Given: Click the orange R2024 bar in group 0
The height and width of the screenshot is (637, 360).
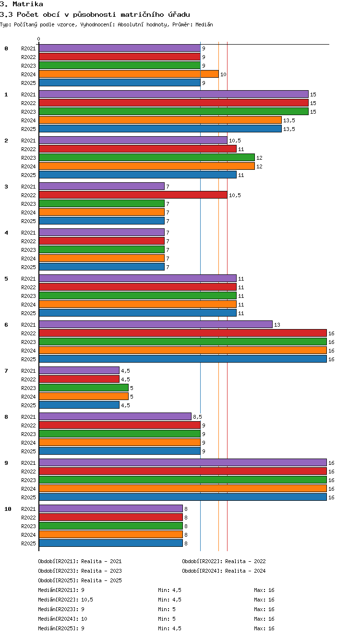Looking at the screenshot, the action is point(129,74).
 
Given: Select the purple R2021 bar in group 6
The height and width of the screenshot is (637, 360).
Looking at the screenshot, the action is point(156,324).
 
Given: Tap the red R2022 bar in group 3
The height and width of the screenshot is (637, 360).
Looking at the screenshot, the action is point(133,195).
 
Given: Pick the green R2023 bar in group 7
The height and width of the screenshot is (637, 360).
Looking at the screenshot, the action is point(84,388).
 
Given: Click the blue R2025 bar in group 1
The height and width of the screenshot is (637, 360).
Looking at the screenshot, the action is point(160,129).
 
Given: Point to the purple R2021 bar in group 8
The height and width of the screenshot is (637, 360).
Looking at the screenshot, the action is point(115,417).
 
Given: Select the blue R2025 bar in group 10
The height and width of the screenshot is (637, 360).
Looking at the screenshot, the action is point(111,543).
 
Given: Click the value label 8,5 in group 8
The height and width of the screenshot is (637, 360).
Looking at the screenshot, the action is point(197,417).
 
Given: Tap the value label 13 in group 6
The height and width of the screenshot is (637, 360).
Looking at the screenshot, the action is point(277,325).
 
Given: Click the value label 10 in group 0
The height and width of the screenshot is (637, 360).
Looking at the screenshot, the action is point(223,74).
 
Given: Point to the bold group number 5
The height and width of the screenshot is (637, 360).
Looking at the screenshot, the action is point(6,279).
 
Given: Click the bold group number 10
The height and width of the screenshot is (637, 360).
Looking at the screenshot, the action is point(8,509).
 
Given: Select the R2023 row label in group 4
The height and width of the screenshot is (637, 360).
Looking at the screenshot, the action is point(28,250).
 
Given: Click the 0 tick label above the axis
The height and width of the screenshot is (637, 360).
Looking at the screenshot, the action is point(39,39).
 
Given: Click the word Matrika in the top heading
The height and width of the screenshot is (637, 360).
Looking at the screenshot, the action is point(28,4).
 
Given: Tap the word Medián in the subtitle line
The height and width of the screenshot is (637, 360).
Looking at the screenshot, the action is point(204,24).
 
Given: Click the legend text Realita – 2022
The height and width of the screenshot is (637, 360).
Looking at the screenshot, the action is point(245,561).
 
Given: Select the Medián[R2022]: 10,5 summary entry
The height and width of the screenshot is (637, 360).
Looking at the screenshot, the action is point(65,600).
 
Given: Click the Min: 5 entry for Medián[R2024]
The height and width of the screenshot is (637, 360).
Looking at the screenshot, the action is point(167,619).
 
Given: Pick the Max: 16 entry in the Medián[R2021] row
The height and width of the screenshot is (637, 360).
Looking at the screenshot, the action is point(264,590).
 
